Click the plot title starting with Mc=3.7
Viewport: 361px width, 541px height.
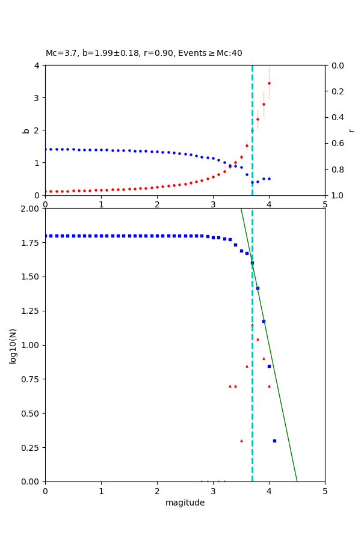coord(144,53)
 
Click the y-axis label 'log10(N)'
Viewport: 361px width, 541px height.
coord(13,345)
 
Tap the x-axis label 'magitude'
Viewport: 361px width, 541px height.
coord(185,503)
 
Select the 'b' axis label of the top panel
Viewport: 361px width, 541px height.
coord(26,130)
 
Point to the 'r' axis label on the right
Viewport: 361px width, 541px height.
coord(351,130)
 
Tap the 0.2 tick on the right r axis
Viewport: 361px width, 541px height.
coord(334,91)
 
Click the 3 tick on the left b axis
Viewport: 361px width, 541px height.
coord(37,98)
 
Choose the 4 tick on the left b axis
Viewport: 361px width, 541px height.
coord(37,66)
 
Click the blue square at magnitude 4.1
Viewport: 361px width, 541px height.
coord(274,441)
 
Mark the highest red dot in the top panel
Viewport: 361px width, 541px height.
coord(269,83)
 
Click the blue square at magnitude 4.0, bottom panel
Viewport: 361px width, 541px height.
coord(269,366)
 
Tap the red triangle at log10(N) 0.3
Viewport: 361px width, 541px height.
coord(241,441)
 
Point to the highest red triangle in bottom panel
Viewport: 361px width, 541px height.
coord(252,325)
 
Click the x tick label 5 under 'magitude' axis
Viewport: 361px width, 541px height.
coord(325,491)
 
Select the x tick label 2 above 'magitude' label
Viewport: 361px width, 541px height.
coord(157,491)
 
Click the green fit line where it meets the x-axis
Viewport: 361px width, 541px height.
coord(297,481)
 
